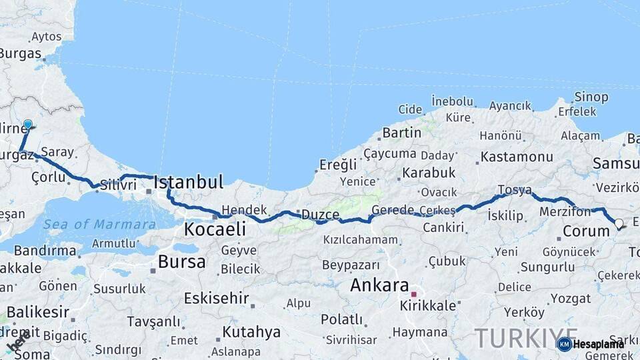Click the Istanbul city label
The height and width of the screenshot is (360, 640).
[x=189, y=182]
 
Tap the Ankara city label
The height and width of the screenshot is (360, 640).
[x=379, y=285]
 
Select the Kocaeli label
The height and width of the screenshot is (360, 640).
[x=214, y=229]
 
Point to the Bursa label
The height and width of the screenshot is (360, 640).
[x=182, y=261]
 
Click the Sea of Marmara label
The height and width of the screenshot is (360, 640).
[x=99, y=225]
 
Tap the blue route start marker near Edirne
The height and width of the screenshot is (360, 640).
[x=28, y=125]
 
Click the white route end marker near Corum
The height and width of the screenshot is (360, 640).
[x=619, y=224]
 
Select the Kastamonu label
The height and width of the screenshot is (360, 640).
[x=517, y=157]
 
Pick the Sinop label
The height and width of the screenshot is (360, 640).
[x=591, y=97]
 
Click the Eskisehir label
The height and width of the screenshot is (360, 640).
[x=216, y=298]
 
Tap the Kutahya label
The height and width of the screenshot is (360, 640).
[x=251, y=331]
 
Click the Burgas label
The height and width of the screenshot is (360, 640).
[x=20, y=54]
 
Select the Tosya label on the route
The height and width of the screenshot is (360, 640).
[x=515, y=190]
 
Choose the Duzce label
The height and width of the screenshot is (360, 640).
[x=320, y=215]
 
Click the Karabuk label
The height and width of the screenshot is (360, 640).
[x=429, y=173]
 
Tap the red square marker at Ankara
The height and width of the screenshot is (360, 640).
[x=413, y=294]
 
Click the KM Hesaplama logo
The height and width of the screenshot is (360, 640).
[x=591, y=344]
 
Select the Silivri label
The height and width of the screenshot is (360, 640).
[x=118, y=185]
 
